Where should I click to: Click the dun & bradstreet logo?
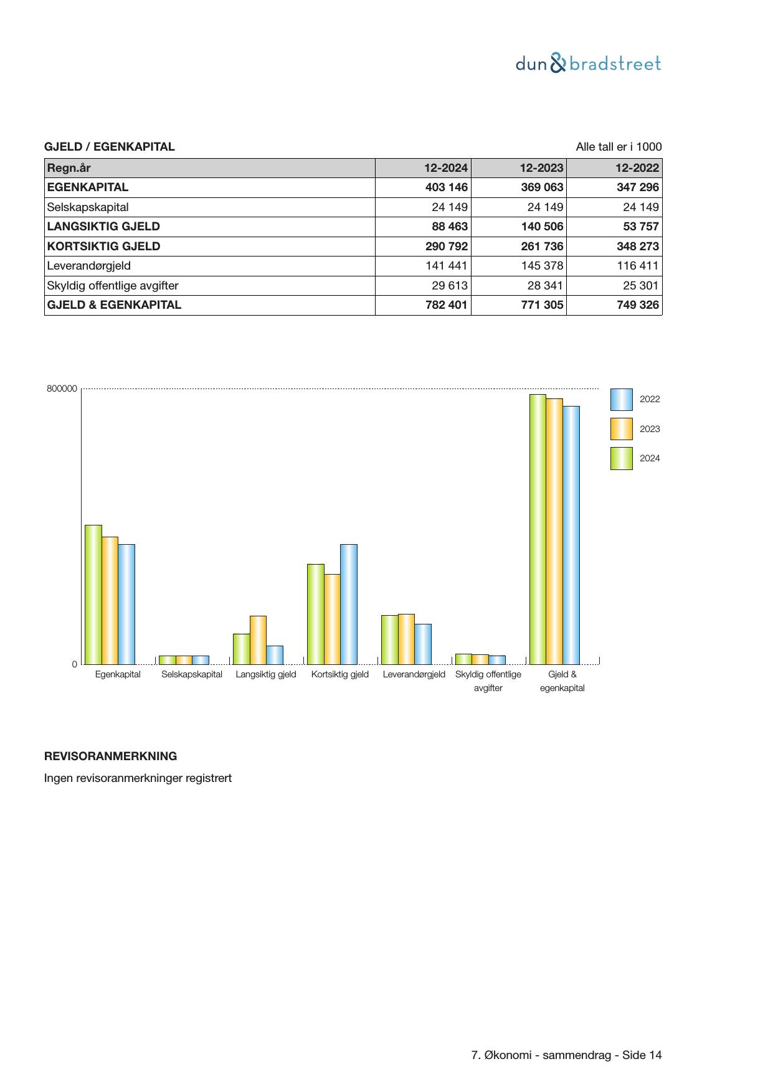588,64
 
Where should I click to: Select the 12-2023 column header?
542,168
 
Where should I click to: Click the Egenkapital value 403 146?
446,187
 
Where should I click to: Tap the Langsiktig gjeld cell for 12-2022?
641,227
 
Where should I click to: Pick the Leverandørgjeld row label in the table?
89,266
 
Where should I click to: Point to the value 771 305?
542,305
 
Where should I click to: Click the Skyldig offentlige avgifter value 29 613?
450,286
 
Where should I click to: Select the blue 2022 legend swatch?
621,400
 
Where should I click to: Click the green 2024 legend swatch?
621,458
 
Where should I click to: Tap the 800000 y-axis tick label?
62,389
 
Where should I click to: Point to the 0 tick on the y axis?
75,664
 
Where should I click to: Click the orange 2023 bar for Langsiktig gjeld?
258,640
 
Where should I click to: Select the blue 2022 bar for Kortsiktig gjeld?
349,604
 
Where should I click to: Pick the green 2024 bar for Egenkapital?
93,595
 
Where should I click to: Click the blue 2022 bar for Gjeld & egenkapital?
571,535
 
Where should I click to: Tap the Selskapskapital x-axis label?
192,674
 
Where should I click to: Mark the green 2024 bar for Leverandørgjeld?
389,639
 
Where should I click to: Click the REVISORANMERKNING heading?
111,756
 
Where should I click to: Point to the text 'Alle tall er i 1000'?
619,147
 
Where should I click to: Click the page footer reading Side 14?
566,1055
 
